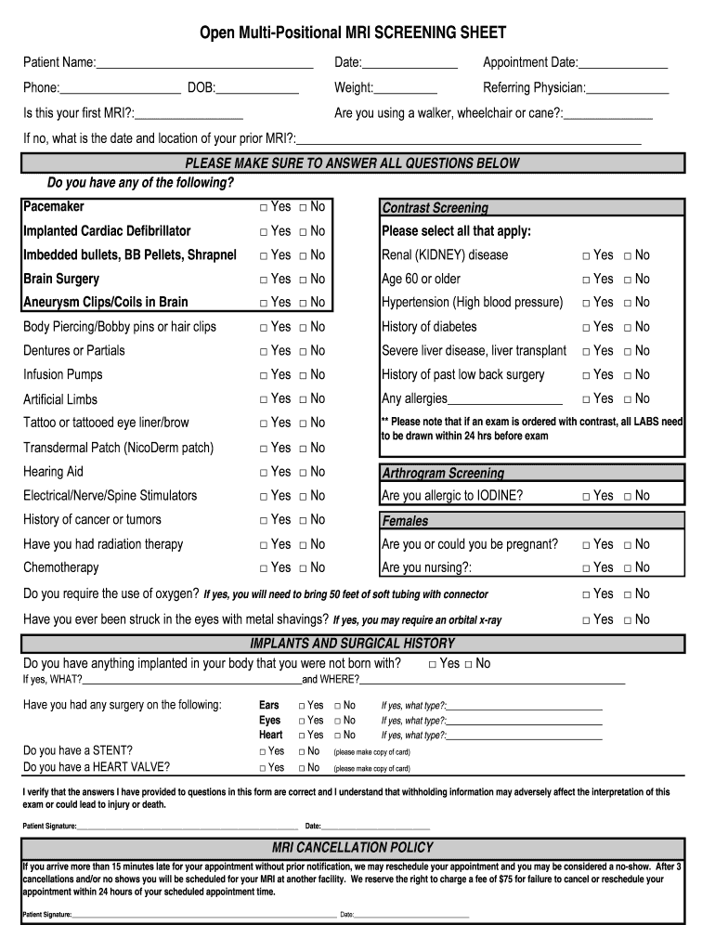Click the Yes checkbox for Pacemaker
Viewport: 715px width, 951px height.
pyautogui.click(x=264, y=207)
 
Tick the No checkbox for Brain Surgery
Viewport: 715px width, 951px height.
pyautogui.click(x=303, y=280)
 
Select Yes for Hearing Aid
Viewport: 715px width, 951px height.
pyautogui.click(x=264, y=473)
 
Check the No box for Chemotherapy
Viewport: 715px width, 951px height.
pyautogui.click(x=303, y=568)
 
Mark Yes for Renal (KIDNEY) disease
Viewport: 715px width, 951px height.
pyautogui.click(x=587, y=255)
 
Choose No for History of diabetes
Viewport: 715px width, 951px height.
pyautogui.click(x=628, y=328)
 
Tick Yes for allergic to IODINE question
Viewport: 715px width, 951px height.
pyautogui.click(x=587, y=497)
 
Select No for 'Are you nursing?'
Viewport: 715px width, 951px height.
pyautogui.click(x=628, y=568)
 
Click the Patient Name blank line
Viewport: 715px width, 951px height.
pyautogui.click(x=204, y=64)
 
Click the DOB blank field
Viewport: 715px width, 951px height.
pyautogui.click(x=257, y=89)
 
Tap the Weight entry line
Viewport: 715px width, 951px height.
pyautogui.click(x=405, y=89)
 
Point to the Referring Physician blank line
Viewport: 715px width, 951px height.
pyautogui.click(x=628, y=89)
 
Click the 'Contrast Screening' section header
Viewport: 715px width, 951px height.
pyautogui.click(x=435, y=208)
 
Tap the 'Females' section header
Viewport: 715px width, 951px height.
pyautogui.click(x=405, y=521)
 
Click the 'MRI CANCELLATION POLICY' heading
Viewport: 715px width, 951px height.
pyautogui.click(x=352, y=847)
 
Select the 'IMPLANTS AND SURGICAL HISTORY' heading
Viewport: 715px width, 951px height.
pyautogui.click(x=352, y=643)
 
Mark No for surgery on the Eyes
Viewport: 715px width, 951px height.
pyautogui.click(x=338, y=721)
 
